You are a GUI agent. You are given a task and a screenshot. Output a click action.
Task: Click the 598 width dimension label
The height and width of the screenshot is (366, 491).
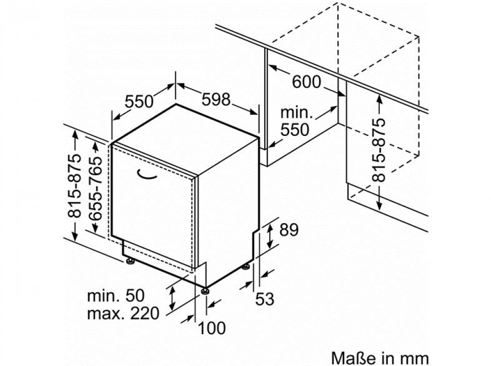[216, 100]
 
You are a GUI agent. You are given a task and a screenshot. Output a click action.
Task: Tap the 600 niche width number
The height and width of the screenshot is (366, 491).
[306, 82]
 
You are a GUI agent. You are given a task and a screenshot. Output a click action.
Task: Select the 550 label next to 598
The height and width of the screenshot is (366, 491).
[139, 102]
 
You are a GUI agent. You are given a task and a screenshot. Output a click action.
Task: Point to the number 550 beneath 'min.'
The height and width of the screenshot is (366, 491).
[295, 130]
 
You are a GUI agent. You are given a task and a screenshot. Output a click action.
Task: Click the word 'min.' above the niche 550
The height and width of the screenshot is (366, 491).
[297, 112]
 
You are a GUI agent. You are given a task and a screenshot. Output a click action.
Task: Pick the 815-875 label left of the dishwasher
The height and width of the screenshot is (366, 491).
[75, 186]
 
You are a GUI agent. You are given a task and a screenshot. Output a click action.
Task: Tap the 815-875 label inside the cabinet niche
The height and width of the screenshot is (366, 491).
[378, 150]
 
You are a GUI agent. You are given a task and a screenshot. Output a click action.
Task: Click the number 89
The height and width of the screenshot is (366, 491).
[289, 230]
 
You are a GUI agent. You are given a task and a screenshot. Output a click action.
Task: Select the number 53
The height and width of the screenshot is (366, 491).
[265, 299]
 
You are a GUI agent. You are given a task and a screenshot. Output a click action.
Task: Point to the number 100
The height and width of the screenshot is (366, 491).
[212, 328]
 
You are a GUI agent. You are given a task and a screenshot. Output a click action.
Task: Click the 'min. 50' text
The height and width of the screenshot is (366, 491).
[116, 296]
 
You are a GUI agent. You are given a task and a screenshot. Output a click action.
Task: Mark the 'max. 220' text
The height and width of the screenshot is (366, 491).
[123, 313]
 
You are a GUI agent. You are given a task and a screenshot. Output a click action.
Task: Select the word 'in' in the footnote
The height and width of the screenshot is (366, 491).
[383, 358]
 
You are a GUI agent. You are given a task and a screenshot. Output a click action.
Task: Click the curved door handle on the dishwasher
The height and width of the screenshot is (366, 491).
[146, 175]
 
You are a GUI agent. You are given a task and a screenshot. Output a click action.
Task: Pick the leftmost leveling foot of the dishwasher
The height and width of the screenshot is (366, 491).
[130, 261]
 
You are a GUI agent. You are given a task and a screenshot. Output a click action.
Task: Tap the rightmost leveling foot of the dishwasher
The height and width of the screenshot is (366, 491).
[246, 266]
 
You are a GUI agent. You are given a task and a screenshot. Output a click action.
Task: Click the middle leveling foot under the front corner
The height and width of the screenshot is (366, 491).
[205, 290]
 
